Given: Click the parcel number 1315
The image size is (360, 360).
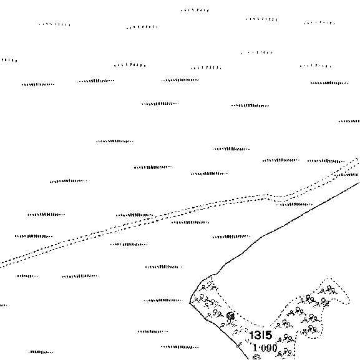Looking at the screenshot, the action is click(261, 335).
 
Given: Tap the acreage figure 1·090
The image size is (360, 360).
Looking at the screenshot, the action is click(265, 348).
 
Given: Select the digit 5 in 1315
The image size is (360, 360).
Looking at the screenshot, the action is click(268, 335).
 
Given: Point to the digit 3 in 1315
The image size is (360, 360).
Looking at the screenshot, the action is click(256, 335).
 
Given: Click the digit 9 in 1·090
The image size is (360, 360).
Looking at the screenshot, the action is click(268, 348).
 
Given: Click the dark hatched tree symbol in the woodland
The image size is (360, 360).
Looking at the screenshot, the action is click(230, 316).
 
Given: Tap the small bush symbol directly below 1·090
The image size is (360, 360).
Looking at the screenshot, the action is click(256, 358).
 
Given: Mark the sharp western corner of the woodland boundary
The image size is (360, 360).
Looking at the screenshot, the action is click(190, 303).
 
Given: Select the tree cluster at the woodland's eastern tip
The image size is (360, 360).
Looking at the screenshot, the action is click(329, 289).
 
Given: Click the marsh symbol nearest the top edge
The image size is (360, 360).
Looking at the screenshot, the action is click(195, 10).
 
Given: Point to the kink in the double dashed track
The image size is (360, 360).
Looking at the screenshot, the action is click(268, 197).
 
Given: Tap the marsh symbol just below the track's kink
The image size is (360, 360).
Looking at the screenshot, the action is click(294, 204).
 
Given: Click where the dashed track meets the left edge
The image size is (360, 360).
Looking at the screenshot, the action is click(1, 265).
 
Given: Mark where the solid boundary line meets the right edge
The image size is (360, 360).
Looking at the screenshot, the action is click(359, 183).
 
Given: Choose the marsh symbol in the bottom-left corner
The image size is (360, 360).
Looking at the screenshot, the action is click(41, 352).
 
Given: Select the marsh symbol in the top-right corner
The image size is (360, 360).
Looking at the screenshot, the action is click(319, 23).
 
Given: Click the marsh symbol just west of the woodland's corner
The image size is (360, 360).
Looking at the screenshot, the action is click(163, 300).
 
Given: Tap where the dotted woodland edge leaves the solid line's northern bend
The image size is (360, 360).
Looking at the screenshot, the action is click(212, 276).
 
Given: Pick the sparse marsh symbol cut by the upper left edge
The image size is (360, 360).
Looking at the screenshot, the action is click(9, 61).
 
